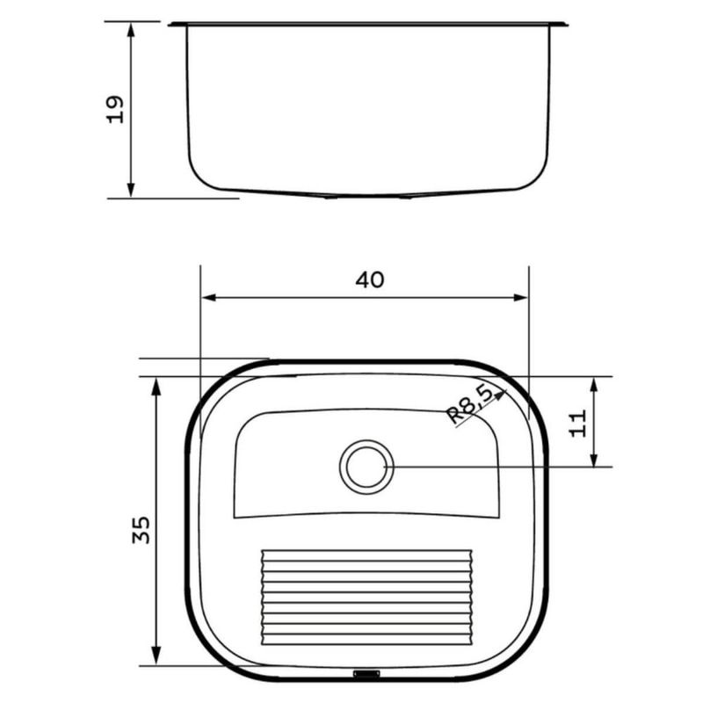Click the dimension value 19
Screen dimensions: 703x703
(114, 109)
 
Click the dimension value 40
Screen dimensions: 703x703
(370, 279)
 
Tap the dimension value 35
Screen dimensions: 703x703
(141, 530)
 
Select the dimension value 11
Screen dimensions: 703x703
(577, 423)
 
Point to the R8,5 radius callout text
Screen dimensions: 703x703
(470, 405)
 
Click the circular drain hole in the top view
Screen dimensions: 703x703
(366, 467)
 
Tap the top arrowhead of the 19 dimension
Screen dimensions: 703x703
(131, 30)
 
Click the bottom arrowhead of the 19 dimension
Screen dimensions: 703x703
(131, 190)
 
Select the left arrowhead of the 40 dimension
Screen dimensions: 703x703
(209, 298)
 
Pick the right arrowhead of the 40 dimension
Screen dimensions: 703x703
(520, 298)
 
